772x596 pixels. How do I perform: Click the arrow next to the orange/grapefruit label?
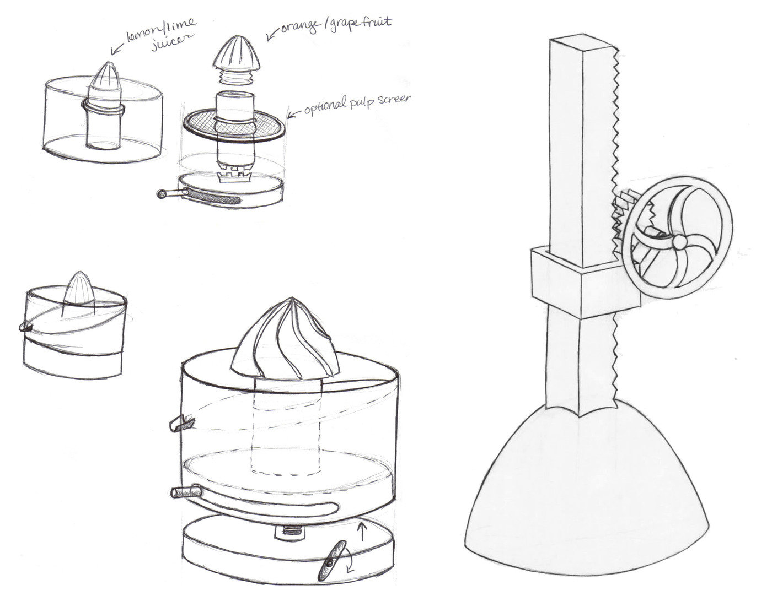click(x=272, y=35)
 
